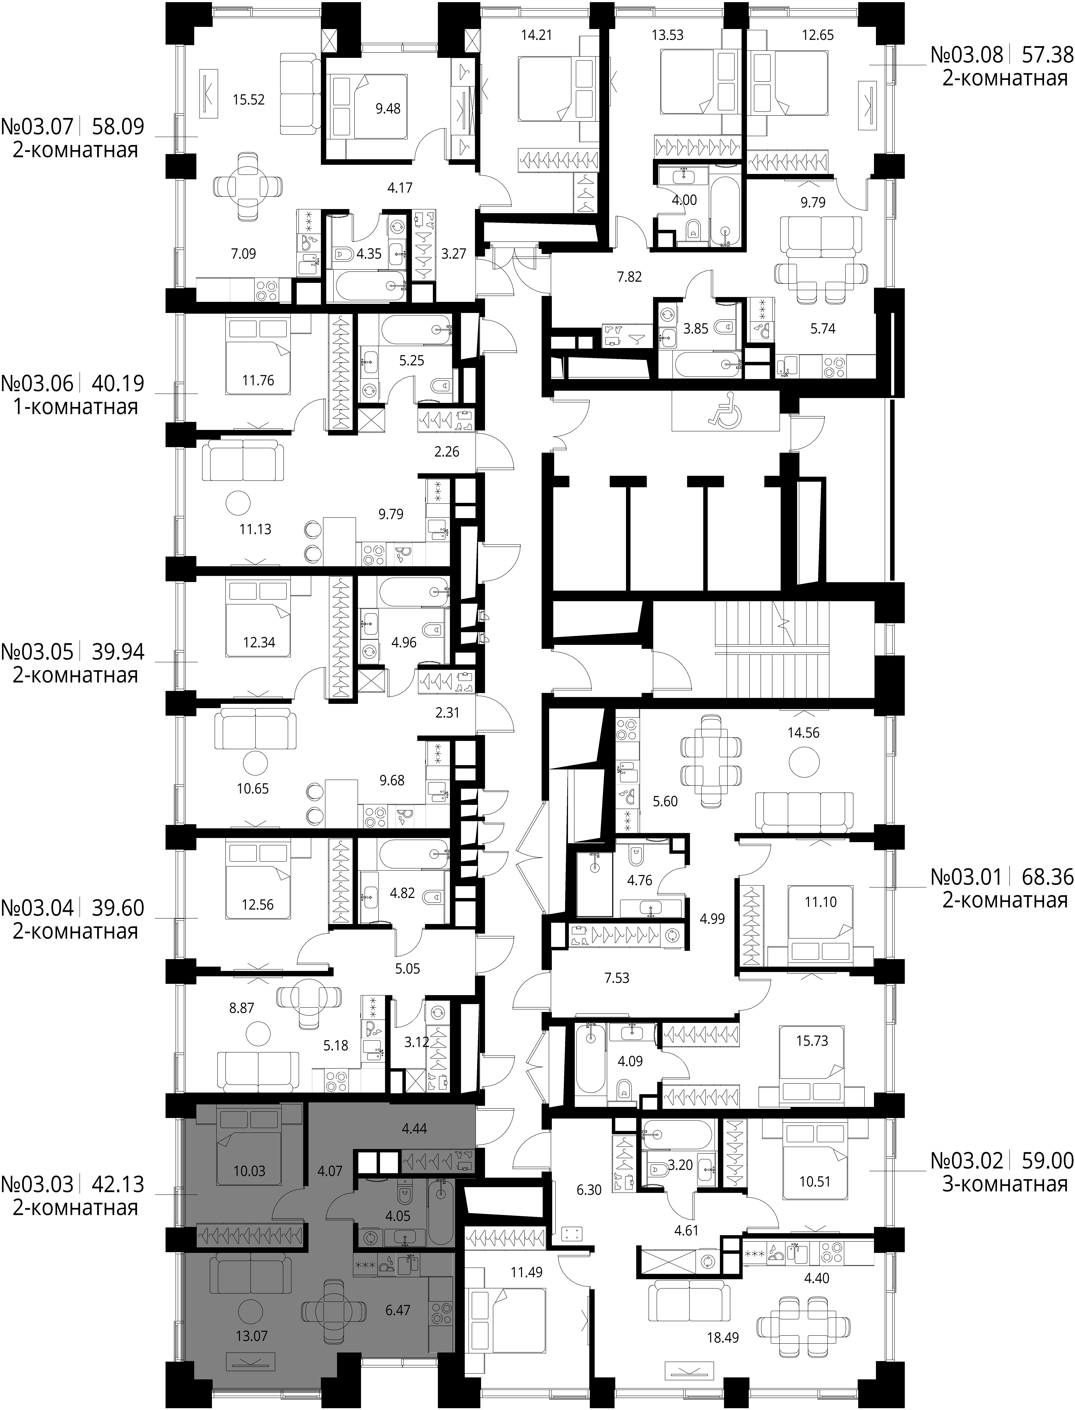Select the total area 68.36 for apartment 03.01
click(1047, 877)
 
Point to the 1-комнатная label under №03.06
click(75, 407)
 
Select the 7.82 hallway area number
click(629, 277)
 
